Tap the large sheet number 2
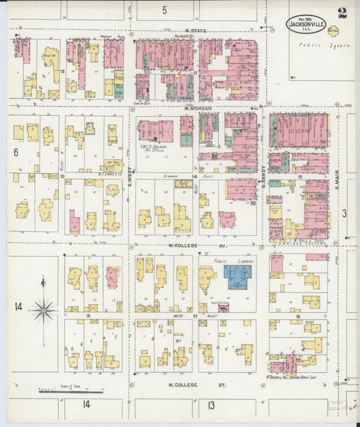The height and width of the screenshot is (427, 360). (x=342, y=13)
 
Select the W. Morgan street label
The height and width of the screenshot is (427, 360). (x=198, y=108)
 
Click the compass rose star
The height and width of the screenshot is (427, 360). (x=44, y=310)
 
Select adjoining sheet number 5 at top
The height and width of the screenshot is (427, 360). (x=164, y=10)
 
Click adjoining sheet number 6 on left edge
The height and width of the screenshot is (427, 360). (x=15, y=153)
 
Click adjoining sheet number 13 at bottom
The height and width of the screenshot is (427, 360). (x=211, y=405)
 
